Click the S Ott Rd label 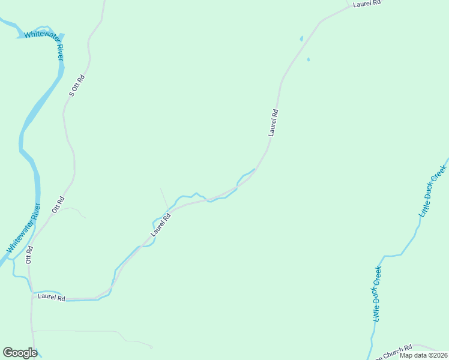pyautogui.click(x=76, y=85)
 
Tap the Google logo pyautogui.click(x=20, y=353)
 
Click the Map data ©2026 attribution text pyautogui.click(x=423, y=355)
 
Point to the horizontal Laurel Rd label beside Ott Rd pyautogui.click(x=51, y=296)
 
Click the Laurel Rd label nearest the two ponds pyautogui.click(x=273, y=122)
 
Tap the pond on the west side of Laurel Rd pyautogui.click(x=301, y=39)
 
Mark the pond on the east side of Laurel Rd pyautogui.click(x=309, y=59)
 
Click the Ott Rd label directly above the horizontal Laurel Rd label pyautogui.click(x=28, y=255)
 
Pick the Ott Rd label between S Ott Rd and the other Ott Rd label pyautogui.click(x=58, y=205)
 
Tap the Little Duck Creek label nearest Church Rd pyautogui.click(x=377, y=293)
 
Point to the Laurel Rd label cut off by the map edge pyautogui.click(x=367, y=3)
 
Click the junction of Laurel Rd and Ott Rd pyautogui.click(x=32, y=294)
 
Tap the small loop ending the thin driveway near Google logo pyautogui.click(x=151, y=346)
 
